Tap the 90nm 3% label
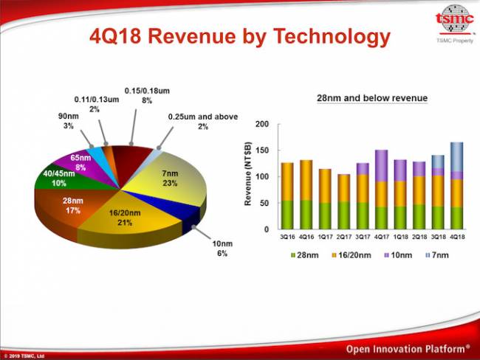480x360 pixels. pyautogui.click(x=68, y=121)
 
